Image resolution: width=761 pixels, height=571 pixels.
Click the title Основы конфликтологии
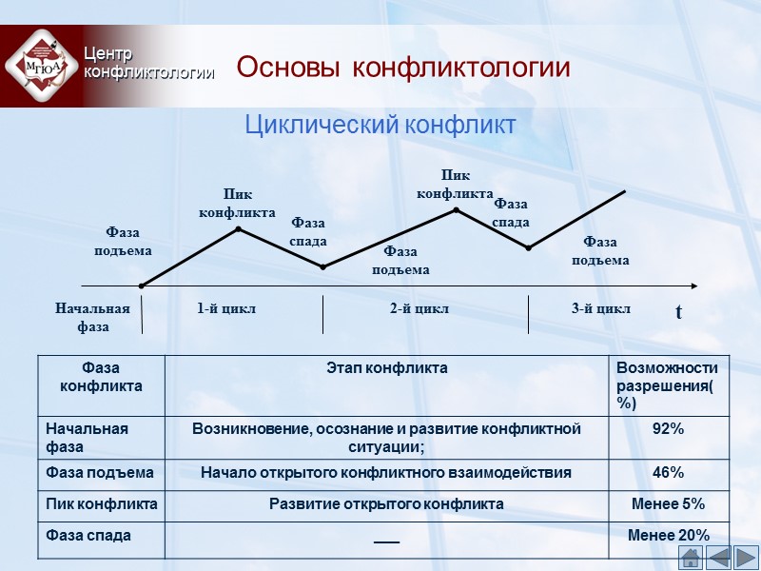(402, 69)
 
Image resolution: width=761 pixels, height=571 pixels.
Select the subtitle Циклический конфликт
(380, 125)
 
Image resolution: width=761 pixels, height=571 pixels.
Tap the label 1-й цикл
(226, 308)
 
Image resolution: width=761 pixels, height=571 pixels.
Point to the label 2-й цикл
(420, 308)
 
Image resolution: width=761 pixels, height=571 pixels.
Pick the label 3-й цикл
(601, 308)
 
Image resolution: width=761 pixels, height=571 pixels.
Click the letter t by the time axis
(678, 312)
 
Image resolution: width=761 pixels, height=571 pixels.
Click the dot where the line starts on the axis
(142, 285)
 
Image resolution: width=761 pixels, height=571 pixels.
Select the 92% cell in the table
(668, 429)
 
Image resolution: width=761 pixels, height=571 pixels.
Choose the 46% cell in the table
(668, 472)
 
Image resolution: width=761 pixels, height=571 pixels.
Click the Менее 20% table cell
(668, 537)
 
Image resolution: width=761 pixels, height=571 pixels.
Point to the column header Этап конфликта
(386, 367)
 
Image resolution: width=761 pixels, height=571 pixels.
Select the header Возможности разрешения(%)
(668, 384)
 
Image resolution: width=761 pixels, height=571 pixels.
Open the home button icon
(691, 558)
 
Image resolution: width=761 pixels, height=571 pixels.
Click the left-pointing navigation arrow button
(718, 558)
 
